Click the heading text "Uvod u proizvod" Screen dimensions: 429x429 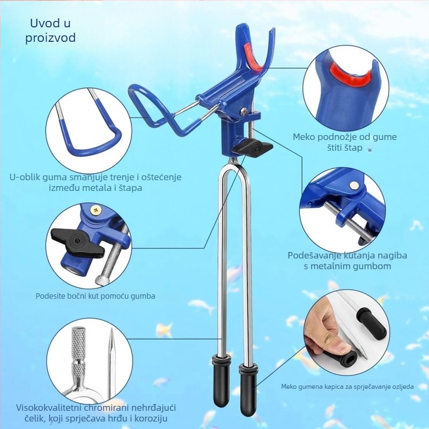click(x=50, y=30)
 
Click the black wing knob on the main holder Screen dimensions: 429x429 click(x=252, y=148)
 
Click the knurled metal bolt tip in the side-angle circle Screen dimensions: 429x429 click(x=101, y=279)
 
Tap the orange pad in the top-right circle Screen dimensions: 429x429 click(x=350, y=73)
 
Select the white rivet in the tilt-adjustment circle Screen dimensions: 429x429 click(x=354, y=186)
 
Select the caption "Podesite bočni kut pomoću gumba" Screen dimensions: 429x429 click(x=95, y=296)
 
